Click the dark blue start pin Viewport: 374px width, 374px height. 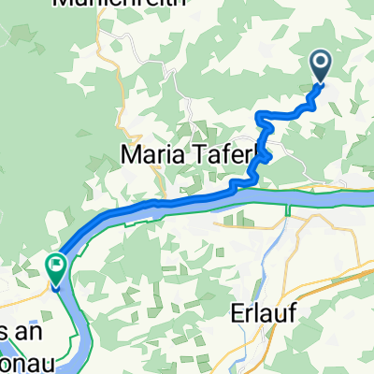320,65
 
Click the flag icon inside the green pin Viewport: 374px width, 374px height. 55,266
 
